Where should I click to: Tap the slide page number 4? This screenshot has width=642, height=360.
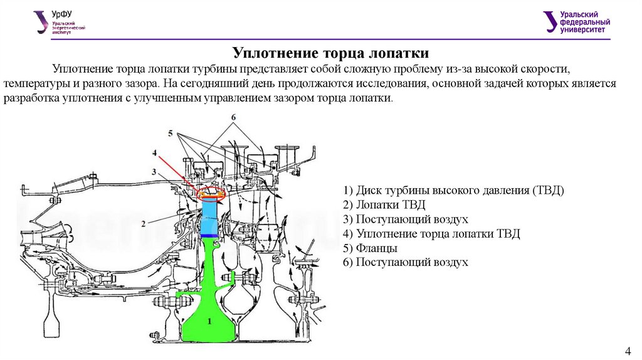[628, 349]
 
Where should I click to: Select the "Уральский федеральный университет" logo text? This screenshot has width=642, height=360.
[577, 22]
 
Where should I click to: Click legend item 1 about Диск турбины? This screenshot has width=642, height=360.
[454, 190]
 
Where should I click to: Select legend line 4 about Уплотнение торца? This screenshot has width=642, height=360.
[432, 234]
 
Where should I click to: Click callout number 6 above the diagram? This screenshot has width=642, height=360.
[233, 117]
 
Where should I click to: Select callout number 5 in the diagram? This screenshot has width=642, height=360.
[169, 133]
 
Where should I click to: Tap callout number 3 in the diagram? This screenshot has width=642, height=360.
[153, 171]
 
